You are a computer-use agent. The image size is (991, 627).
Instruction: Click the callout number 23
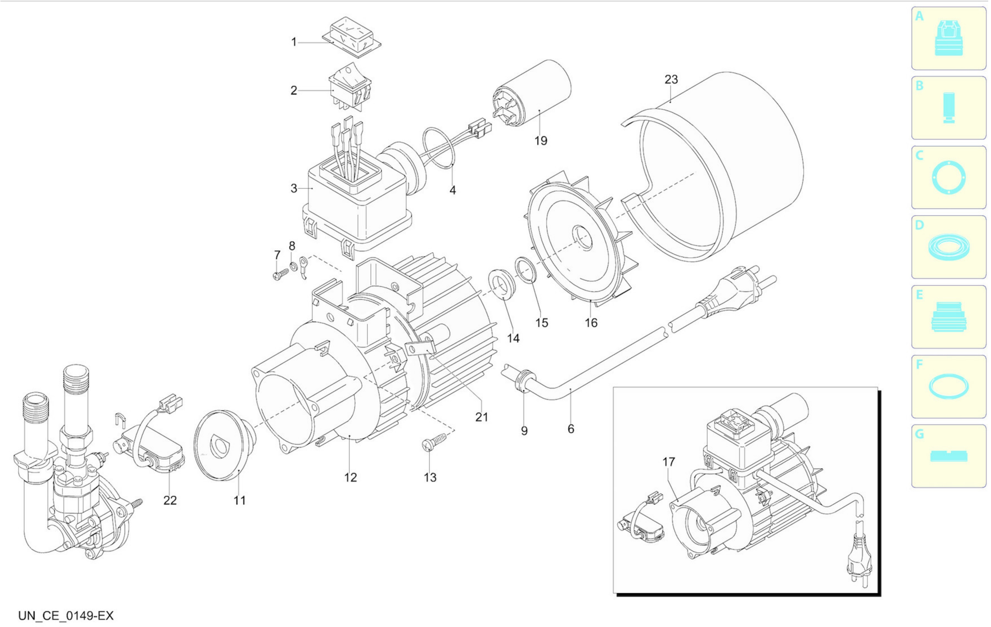[x=671, y=79]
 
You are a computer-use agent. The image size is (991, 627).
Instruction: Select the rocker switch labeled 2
[x=350, y=86]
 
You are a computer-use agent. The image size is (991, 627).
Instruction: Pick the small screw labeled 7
[x=281, y=274]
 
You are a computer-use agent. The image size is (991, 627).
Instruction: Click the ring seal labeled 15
[x=526, y=270]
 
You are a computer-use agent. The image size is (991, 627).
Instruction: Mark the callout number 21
[x=481, y=417]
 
